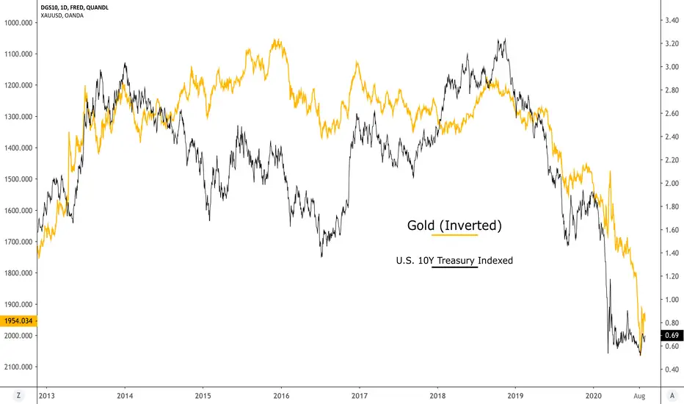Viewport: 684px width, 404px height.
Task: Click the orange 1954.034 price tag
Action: point(19,321)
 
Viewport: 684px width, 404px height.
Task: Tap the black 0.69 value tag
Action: point(672,336)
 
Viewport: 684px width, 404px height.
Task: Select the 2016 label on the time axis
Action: point(281,396)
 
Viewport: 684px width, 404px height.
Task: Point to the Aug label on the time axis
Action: point(639,396)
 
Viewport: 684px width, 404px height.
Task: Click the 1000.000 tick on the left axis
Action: point(18,23)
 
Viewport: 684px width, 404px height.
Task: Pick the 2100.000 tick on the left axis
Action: point(18,367)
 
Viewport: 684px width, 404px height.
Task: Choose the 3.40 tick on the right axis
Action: point(672,20)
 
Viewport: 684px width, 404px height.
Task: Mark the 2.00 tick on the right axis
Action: point(672,184)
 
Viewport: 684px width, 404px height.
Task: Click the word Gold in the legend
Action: point(421,226)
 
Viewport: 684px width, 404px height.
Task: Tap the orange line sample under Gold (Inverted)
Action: point(454,235)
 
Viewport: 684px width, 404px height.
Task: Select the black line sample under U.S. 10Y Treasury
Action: point(454,267)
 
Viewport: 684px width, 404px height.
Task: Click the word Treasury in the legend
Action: point(456,261)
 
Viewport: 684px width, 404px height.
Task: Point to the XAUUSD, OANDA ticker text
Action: point(62,15)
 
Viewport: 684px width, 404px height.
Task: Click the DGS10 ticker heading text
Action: point(49,7)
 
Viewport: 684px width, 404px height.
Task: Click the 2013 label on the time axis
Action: point(47,396)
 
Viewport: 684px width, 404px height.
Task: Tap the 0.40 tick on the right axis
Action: point(672,369)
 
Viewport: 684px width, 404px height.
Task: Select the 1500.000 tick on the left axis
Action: point(18,179)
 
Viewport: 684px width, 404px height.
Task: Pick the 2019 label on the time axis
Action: point(516,396)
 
